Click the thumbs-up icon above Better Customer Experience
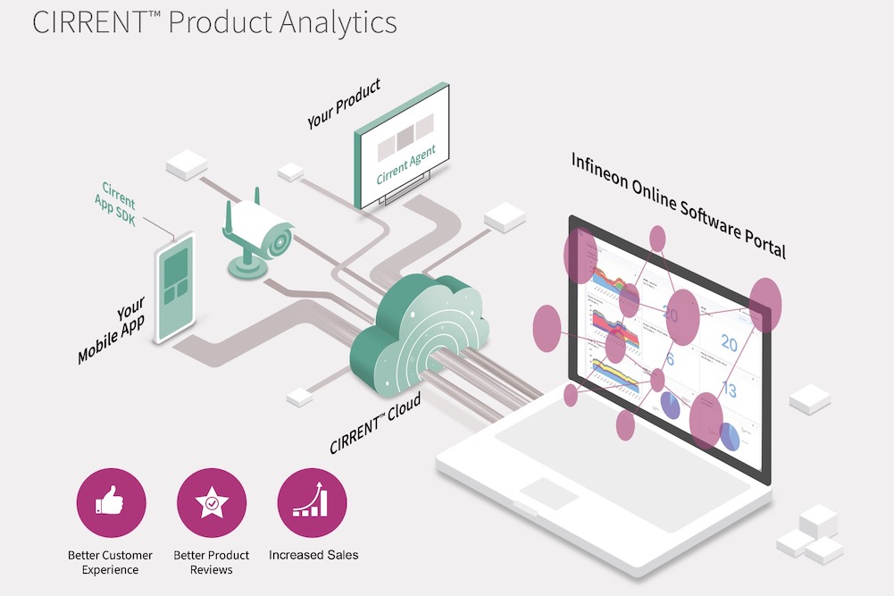[111, 503]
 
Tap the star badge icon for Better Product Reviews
[212, 503]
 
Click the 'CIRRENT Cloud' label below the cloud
[375, 425]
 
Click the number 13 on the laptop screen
[728, 389]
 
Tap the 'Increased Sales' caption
[313, 555]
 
